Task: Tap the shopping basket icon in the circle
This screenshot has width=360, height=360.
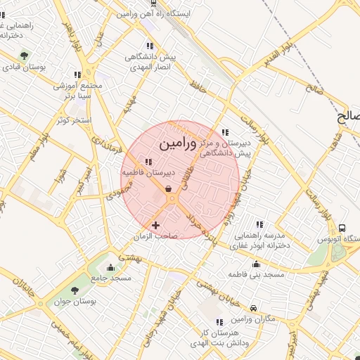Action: [168, 188]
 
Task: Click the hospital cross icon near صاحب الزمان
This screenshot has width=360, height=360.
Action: [155, 225]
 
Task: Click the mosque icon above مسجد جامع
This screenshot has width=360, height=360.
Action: [110, 267]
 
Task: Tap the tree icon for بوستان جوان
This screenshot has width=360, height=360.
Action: [75, 291]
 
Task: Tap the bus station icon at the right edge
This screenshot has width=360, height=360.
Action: [342, 228]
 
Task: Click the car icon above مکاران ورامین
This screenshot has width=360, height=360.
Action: [253, 308]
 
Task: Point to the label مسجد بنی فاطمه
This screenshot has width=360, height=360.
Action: [256, 274]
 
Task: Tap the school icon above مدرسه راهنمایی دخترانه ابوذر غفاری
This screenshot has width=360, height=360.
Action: [260, 224]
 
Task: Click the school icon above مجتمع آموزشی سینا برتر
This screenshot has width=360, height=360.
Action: [77, 74]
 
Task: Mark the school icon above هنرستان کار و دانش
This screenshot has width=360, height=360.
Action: [220, 321]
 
